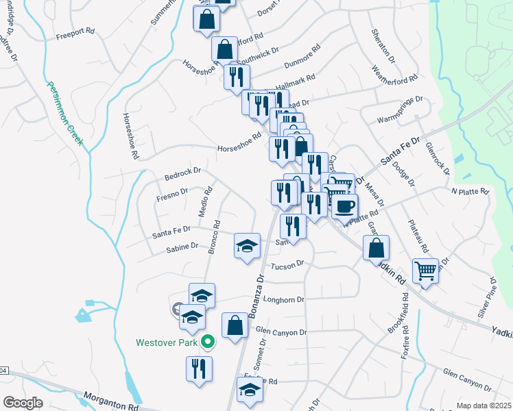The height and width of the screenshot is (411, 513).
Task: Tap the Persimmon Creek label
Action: click(x=64, y=113)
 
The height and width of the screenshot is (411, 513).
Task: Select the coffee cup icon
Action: click(x=344, y=205)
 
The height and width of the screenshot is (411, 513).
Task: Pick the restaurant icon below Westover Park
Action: click(x=199, y=369)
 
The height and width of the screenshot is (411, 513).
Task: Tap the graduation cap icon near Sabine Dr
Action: click(x=248, y=247)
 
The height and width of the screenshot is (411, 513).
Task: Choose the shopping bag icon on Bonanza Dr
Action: click(x=235, y=325)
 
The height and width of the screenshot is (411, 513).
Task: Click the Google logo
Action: click(x=22, y=403)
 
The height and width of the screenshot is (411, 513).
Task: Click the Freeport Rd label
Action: click(x=75, y=32)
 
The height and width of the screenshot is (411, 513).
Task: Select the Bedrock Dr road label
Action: click(x=182, y=173)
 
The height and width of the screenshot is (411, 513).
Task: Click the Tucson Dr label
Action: click(x=287, y=265)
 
